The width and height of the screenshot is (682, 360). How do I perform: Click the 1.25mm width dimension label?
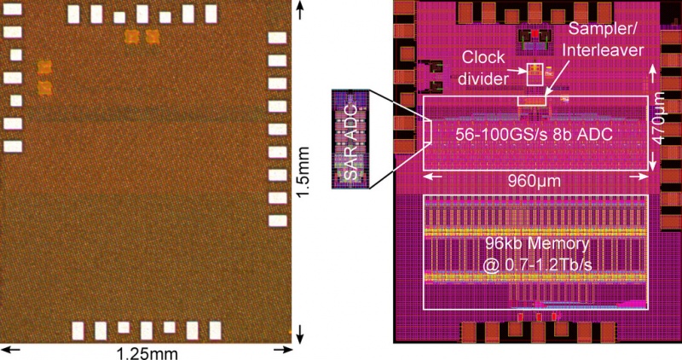click(x=147, y=353)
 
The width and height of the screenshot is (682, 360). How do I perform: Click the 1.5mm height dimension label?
click(x=303, y=172)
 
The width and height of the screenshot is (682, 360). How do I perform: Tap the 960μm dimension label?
click(x=535, y=181)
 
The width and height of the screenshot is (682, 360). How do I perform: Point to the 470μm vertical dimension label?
click(x=660, y=119)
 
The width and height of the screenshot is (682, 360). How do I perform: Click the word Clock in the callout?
click(x=483, y=57)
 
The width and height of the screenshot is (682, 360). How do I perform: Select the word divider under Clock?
click(x=483, y=78)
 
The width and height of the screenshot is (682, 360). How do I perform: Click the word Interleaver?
click(x=603, y=50)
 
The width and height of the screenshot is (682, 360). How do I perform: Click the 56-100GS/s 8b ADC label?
click(x=535, y=135)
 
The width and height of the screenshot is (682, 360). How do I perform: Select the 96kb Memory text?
click(x=538, y=244)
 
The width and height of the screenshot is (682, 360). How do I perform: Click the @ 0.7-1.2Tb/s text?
click(x=538, y=265)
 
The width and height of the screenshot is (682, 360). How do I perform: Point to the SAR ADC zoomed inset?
click(x=350, y=139)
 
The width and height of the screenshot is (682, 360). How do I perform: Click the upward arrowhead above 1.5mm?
click(x=300, y=9)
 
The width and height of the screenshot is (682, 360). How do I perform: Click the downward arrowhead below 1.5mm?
click(x=300, y=335)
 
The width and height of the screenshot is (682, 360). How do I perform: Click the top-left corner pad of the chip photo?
click(x=12, y=9)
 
